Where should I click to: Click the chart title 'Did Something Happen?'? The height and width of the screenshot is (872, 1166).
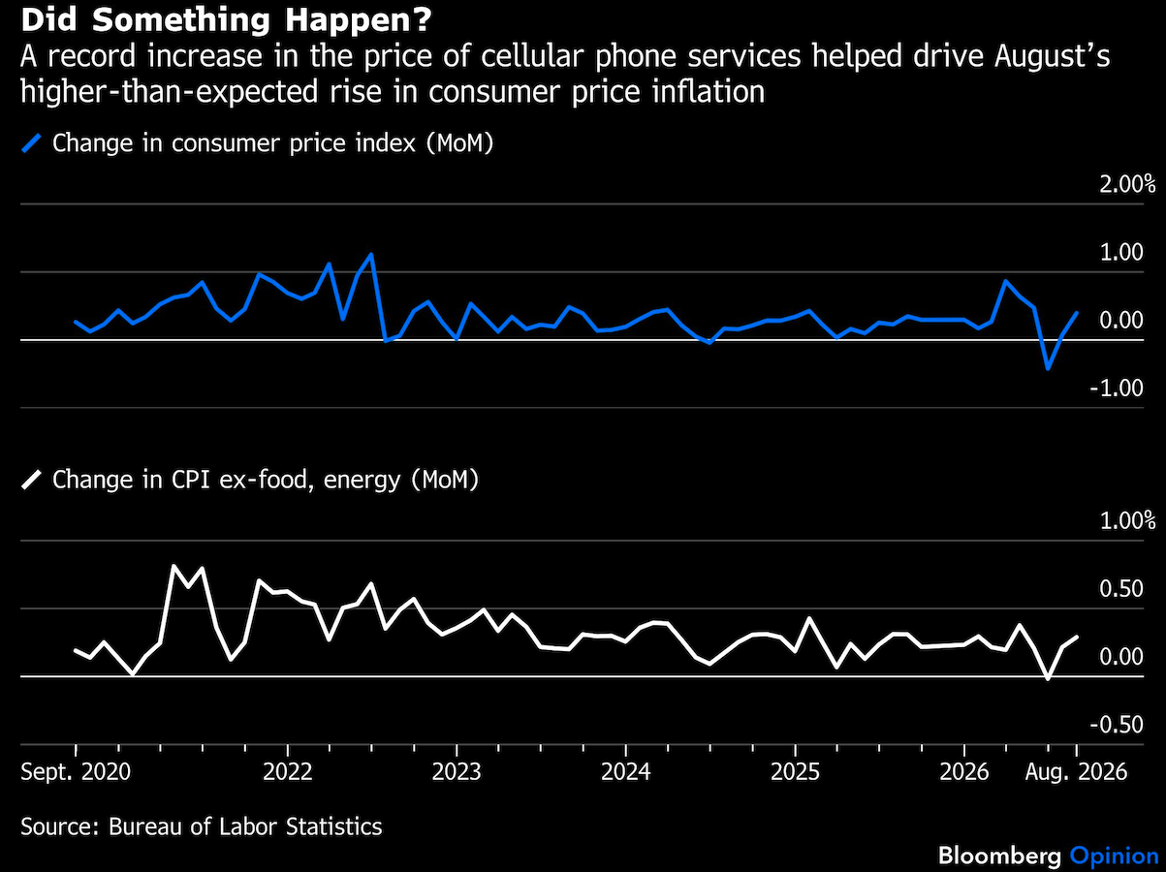click(226, 19)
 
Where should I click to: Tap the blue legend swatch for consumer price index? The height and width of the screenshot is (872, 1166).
click(31, 143)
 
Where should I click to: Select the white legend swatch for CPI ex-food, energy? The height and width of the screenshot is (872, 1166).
click(31, 480)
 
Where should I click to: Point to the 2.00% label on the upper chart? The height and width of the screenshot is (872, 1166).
click(1127, 184)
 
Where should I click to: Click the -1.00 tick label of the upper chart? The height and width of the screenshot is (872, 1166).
click(1117, 389)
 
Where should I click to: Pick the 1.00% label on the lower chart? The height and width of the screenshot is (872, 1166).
click(1127, 521)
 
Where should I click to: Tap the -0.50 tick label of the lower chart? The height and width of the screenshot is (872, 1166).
click(1117, 725)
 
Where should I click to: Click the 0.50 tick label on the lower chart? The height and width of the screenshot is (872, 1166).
click(1120, 589)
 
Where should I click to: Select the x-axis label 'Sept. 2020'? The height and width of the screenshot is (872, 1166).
click(76, 771)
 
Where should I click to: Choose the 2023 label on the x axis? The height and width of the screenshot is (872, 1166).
click(457, 771)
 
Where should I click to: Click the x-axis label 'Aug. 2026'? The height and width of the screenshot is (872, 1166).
click(1076, 771)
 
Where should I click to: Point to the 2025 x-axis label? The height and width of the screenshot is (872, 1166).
click(795, 771)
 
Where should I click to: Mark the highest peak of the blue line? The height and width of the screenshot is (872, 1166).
click(371, 255)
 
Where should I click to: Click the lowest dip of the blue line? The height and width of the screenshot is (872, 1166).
click(1048, 368)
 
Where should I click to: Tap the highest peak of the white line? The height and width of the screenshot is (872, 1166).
click(173, 566)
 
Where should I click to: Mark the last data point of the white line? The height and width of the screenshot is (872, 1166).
click(1077, 637)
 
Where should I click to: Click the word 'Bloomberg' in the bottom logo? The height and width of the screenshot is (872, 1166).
click(999, 856)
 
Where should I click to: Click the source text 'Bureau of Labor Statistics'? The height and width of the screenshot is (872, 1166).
click(245, 826)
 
